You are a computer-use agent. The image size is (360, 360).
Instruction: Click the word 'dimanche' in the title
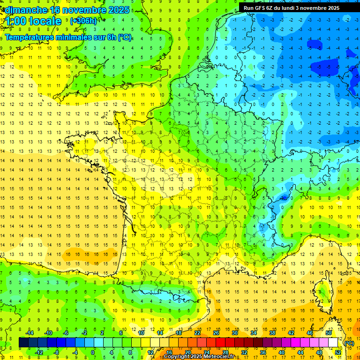pos(25,9)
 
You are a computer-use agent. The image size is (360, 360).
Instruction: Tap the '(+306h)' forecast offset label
pos(83,21)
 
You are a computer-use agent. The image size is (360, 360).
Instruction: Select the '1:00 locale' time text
pos(33,21)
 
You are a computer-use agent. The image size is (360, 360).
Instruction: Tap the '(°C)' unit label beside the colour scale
pos(349,343)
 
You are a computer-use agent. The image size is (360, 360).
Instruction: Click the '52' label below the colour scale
pos(338,352)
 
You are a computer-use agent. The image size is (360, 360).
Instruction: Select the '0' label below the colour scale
pos(93,352)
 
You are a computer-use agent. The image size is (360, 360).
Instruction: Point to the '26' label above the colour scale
pos(216,333)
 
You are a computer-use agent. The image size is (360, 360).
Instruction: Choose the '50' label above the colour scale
pos(329,333)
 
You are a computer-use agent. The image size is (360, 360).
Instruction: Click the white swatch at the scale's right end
pos(333,343)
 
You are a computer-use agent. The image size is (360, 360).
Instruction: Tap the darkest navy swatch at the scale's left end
pos(23,343)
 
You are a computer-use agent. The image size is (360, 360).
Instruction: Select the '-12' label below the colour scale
pos(39,352)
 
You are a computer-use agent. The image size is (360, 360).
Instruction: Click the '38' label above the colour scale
pos(272,333)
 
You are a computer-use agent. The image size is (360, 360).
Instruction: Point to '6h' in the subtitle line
pos(110,37)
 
